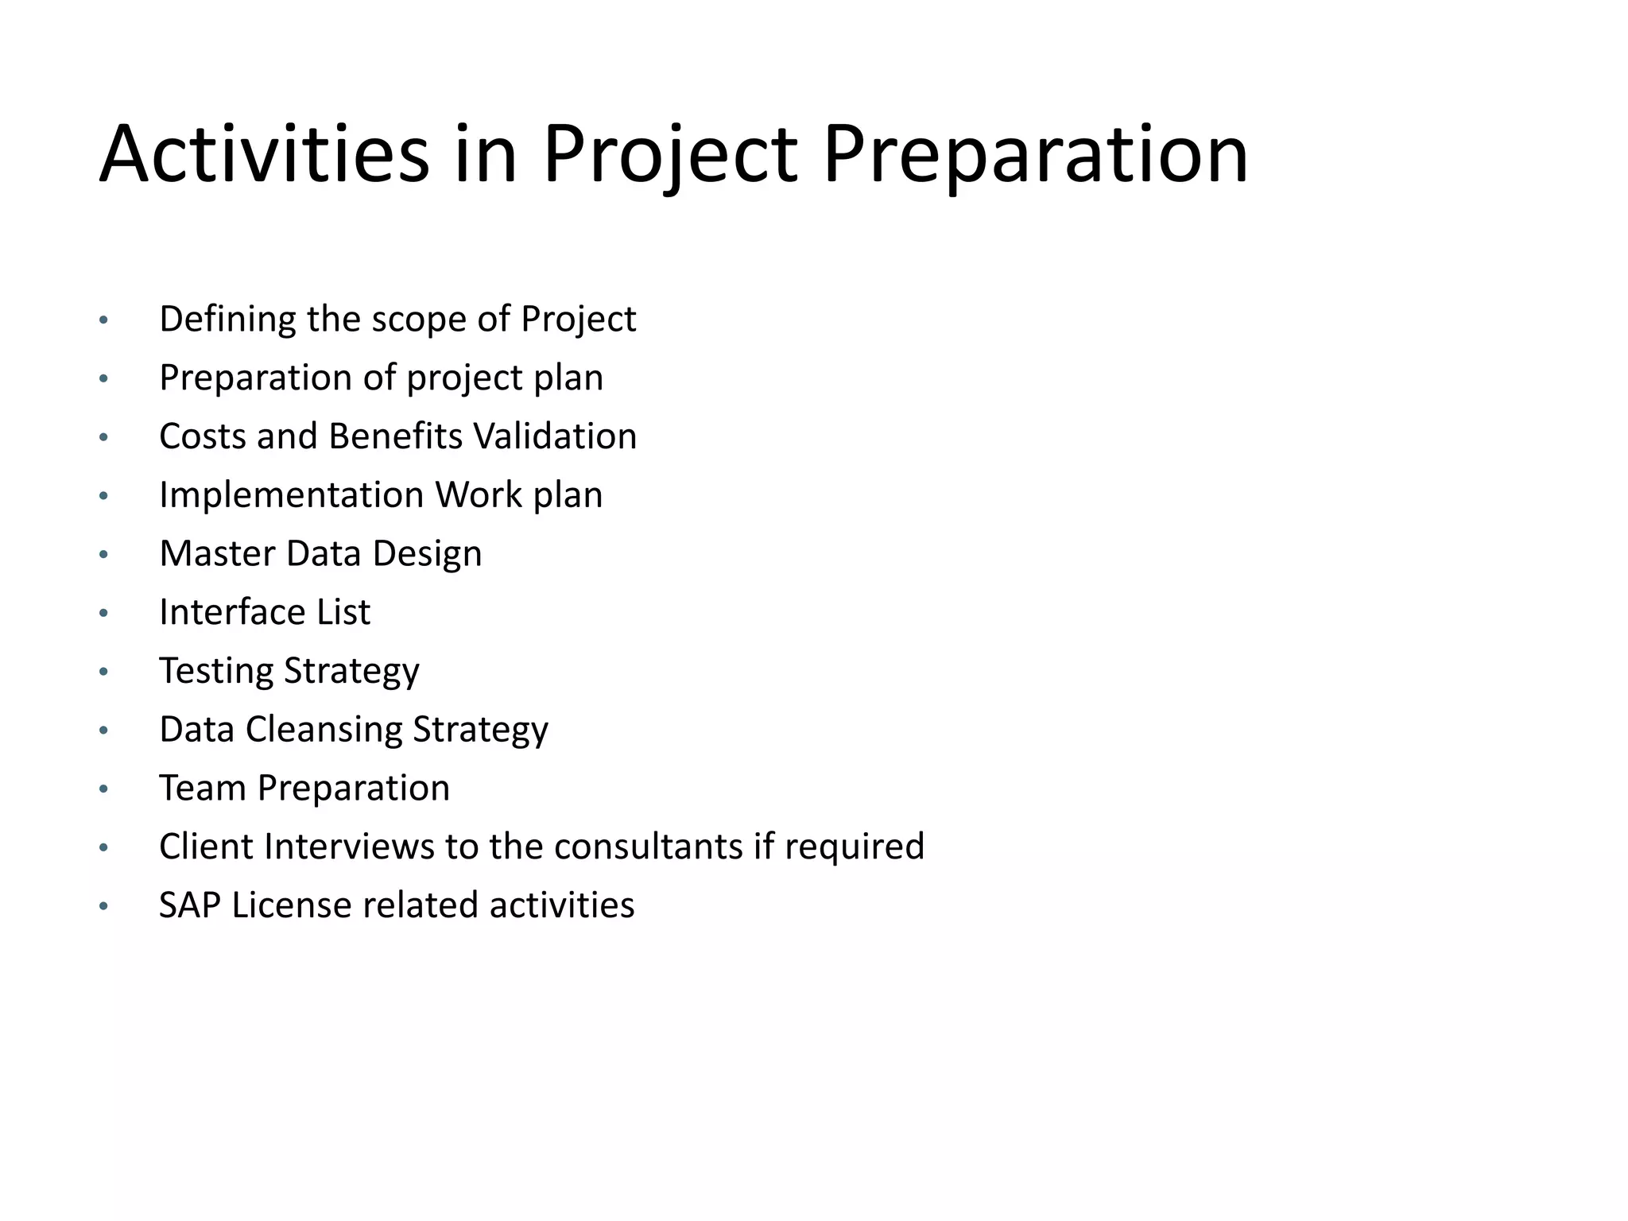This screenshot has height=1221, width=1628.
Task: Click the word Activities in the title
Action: click(x=264, y=154)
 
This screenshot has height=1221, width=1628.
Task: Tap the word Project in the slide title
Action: click(x=669, y=154)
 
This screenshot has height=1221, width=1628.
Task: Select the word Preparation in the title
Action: click(x=1035, y=154)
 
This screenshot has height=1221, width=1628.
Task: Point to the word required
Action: click(x=855, y=847)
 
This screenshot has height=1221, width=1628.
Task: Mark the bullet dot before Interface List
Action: click(x=103, y=614)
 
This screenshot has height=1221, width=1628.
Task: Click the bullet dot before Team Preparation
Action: click(x=103, y=789)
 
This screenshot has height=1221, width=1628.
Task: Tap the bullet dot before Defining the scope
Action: click(x=103, y=321)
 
